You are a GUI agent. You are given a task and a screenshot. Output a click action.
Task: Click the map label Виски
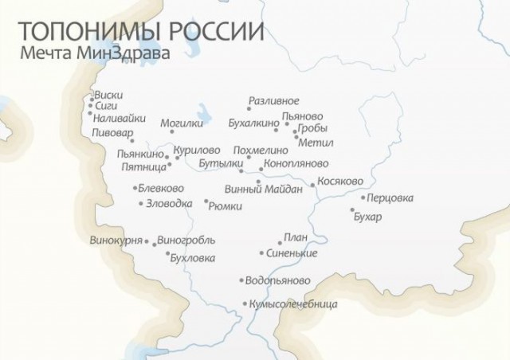click(108, 93)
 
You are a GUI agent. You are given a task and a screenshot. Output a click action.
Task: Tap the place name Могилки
click(182, 123)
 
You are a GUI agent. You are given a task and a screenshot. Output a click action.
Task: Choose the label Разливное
click(273, 101)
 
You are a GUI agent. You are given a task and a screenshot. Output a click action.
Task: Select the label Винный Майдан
click(274, 189)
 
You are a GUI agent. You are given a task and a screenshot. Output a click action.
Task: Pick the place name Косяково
click(340, 182)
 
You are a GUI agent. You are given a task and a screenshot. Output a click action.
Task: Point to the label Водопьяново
click(278, 281)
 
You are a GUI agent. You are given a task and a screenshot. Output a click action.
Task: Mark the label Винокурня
click(116, 240)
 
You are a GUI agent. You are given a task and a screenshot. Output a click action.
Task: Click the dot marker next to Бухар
click(352, 211)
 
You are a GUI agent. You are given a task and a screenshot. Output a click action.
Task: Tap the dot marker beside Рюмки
click(206, 201)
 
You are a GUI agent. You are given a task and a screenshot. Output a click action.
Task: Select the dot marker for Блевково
click(135, 189)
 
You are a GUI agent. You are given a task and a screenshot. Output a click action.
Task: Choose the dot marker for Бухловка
click(168, 255)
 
